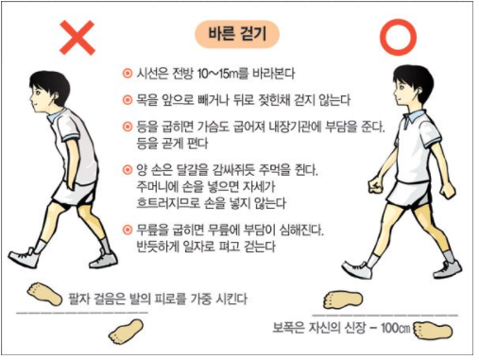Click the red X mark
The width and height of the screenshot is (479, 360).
pyautogui.click(x=77, y=38)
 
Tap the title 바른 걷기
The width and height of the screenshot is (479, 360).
pyautogui.click(x=237, y=34)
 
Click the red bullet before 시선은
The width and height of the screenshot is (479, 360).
pyautogui.click(x=128, y=74)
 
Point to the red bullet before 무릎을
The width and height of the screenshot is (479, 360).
pyautogui.click(x=128, y=230)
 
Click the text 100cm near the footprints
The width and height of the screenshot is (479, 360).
pyautogui.click(x=395, y=328)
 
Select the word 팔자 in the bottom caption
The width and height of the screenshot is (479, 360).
pyautogui.click(x=79, y=299)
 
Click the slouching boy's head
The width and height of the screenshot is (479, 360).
pyautogui.click(x=48, y=91)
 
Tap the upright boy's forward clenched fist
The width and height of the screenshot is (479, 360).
pyautogui.click(x=376, y=185)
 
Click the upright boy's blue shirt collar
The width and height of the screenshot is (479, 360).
pyautogui.click(x=414, y=117)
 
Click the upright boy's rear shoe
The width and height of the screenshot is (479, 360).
pyautogui.click(x=447, y=270)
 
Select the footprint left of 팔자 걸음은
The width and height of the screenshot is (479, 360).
pyautogui.click(x=44, y=294)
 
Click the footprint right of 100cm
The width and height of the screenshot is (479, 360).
pyautogui.click(x=433, y=330)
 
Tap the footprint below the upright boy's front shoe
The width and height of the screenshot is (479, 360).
pyautogui.click(x=343, y=300)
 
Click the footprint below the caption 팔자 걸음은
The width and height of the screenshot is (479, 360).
pyautogui.click(x=126, y=331)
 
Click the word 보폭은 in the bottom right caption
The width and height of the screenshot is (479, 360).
pyautogui.click(x=288, y=328)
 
